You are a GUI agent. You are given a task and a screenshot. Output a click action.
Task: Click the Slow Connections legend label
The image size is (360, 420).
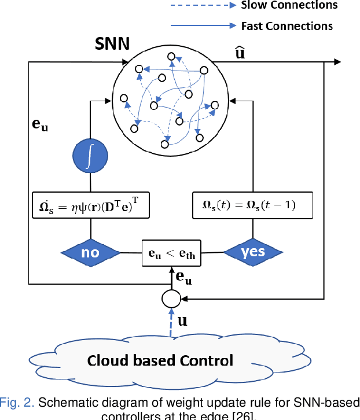click(289, 5)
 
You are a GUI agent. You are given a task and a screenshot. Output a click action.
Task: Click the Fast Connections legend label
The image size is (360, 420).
click(286, 26)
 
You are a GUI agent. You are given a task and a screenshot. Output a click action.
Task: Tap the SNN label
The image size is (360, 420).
click(112, 44)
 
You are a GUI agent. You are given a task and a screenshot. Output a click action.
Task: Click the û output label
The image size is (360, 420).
click(238, 53)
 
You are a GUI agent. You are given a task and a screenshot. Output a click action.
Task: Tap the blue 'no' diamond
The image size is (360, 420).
click(90, 253)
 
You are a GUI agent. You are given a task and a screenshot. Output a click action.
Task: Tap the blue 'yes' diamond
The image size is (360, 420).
click(252, 252)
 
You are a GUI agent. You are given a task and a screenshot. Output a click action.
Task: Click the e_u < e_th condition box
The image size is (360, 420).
click(172, 253)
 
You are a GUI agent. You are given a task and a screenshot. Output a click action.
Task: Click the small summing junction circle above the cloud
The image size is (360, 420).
click(171, 299)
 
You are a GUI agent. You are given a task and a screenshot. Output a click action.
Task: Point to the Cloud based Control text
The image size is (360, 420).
click(160, 360)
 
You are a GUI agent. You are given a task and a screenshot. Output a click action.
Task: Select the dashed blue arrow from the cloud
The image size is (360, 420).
click(171, 322)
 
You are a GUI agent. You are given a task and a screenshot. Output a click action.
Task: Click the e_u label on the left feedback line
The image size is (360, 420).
click(39, 123)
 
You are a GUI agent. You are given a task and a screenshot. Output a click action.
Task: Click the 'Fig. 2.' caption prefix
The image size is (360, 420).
click(13, 403)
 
